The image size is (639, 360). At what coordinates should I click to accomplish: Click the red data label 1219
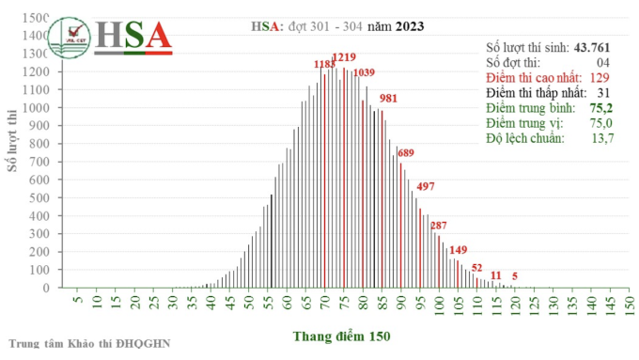click(x=345, y=58)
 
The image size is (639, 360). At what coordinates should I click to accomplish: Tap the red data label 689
click(x=406, y=152)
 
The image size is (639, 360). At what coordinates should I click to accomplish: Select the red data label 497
click(x=426, y=185)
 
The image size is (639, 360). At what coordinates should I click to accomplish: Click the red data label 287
click(x=439, y=225)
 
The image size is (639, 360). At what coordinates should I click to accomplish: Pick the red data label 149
click(x=459, y=249)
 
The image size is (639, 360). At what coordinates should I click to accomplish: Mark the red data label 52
click(x=477, y=268)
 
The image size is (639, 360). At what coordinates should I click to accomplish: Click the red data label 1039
click(x=364, y=73)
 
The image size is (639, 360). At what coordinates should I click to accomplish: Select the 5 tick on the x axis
click(x=77, y=305)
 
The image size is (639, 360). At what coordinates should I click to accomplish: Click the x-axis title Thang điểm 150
click(x=341, y=336)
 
